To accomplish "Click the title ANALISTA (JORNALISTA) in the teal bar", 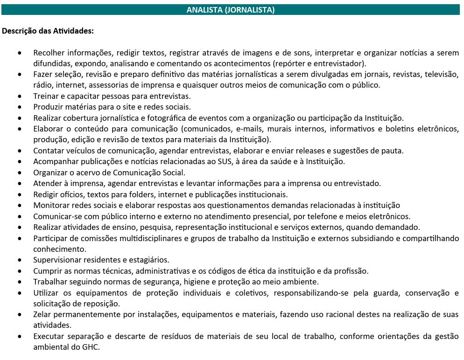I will (231, 9).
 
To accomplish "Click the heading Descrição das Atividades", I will (48, 31).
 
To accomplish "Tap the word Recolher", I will (49, 53).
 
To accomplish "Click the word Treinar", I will (46, 96).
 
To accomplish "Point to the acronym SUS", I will (236, 161).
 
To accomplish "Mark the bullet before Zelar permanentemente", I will (19, 315).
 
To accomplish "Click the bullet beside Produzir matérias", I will (19, 107).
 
